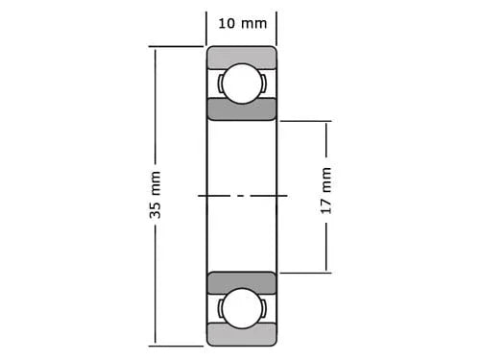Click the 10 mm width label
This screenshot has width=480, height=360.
point(241,23)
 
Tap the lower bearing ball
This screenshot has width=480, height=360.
point(241,307)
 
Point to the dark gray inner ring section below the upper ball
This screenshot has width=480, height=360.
point(241,108)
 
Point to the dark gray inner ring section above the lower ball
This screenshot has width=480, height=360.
point(241,282)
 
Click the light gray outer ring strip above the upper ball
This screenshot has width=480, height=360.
point(241,57)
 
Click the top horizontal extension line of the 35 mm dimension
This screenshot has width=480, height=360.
point(178,46)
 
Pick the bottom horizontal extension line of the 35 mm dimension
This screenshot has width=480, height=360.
point(178,344)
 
